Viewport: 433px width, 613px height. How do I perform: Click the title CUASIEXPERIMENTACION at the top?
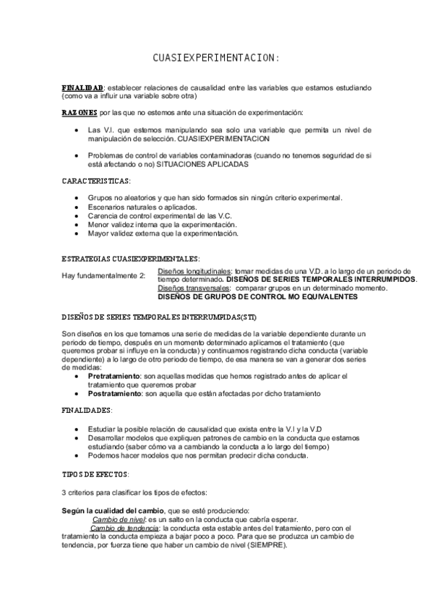(215, 57)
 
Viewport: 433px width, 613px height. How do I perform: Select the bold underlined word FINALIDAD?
(82, 87)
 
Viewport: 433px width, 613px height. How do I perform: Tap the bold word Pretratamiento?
(114, 377)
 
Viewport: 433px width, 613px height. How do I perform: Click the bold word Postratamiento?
(114, 394)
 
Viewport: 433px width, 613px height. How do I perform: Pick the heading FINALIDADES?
(87, 411)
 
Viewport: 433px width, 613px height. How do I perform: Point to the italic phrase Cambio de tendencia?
(125, 528)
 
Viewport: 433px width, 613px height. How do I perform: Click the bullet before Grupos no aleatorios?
(77, 198)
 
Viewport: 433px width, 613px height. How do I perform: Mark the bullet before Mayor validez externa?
(77, 233)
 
